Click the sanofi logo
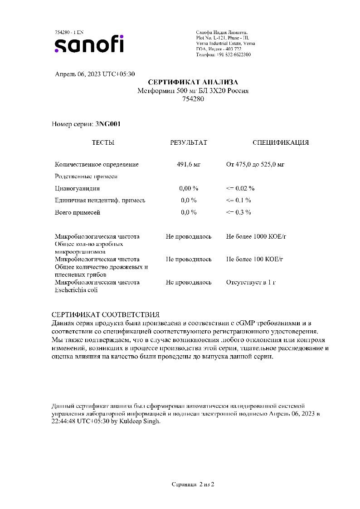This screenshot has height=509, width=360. (89, 44)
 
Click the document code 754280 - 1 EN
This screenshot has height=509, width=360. (69, 32)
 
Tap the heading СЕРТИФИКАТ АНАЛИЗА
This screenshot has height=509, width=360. (193, 82)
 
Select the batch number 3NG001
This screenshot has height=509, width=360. (108, 124)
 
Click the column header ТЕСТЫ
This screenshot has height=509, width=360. (103, 142)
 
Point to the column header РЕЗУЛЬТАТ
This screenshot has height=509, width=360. (188, 142)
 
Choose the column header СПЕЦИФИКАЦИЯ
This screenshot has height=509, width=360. (280, 142)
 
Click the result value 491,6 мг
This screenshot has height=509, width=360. (188, 164)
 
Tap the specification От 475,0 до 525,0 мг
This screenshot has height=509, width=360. (255, 164)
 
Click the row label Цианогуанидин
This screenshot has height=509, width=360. (77, 188)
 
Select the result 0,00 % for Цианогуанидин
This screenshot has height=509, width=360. (188, 188)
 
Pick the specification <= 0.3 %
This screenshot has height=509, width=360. (238, 212)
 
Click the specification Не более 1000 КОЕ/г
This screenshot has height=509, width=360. (256, 236)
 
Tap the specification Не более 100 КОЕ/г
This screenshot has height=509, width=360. (254, 259)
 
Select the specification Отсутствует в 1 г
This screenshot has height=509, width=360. (251, 282)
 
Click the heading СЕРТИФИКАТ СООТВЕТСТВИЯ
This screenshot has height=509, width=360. (105, 314)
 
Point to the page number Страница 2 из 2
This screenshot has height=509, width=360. (193, 484)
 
